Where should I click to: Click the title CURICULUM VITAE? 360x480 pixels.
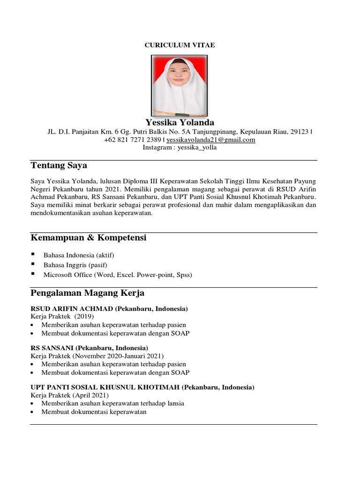pos(180,45)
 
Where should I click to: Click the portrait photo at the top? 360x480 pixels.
pos(179,86)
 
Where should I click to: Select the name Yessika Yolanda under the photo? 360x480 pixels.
pos(180,122)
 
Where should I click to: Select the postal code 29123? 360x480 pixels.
pos(299,132)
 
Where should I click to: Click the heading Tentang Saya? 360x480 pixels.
pos(59,165)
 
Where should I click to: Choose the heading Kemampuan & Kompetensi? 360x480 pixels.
pos(89,238)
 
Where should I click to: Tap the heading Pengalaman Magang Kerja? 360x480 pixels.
pos(87,293)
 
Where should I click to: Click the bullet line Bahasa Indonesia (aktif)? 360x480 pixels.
pos(79,255)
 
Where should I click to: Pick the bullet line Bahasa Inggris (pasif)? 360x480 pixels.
pos(75,265)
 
